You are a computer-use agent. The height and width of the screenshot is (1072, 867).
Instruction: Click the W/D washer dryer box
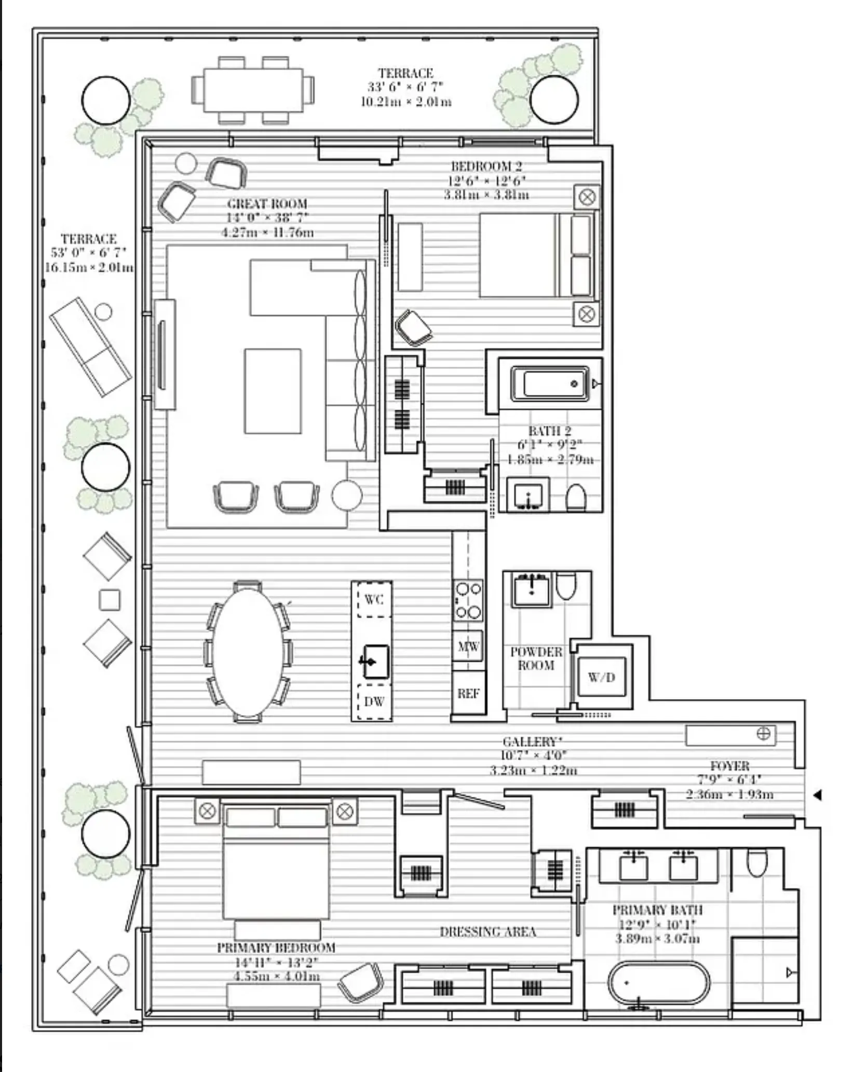pyautogui.click(x=602, y=677)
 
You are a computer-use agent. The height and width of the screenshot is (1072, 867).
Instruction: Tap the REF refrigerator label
pyautogui.click(x=468, y=693)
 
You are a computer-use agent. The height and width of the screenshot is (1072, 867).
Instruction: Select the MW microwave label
pyautogui.click(x=468, y=647)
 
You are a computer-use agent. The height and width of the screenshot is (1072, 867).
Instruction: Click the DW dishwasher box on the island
pyautogui.click(x=374, y=702)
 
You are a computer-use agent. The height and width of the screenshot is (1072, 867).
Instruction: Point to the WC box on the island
pyautogui.click(x=374, y=600)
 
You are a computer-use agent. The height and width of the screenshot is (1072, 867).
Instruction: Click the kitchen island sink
pyautogui.click(x=375, y=662)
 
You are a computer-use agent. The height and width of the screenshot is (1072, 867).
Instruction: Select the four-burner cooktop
pyautogui.click(x=468, y=600)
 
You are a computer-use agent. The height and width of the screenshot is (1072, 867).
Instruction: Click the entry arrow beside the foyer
pyautogui.click(x=817, y=794)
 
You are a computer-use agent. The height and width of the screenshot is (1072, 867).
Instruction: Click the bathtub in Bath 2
pyautogui.click(x=550, y=384)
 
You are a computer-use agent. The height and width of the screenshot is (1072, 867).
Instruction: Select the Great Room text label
pyautogui.click(x=267, y=203)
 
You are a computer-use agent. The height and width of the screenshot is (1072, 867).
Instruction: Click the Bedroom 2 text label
pyautogui.click(x=486, y=167)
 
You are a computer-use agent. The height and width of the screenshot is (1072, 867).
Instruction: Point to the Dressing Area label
pyautogui.click(x=487, y=932)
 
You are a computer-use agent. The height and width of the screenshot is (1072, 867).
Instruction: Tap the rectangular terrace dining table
pyautogui.click(x=253, y=90)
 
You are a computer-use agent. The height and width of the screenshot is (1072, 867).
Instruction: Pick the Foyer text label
pyautogui.click(x=729, y=766)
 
